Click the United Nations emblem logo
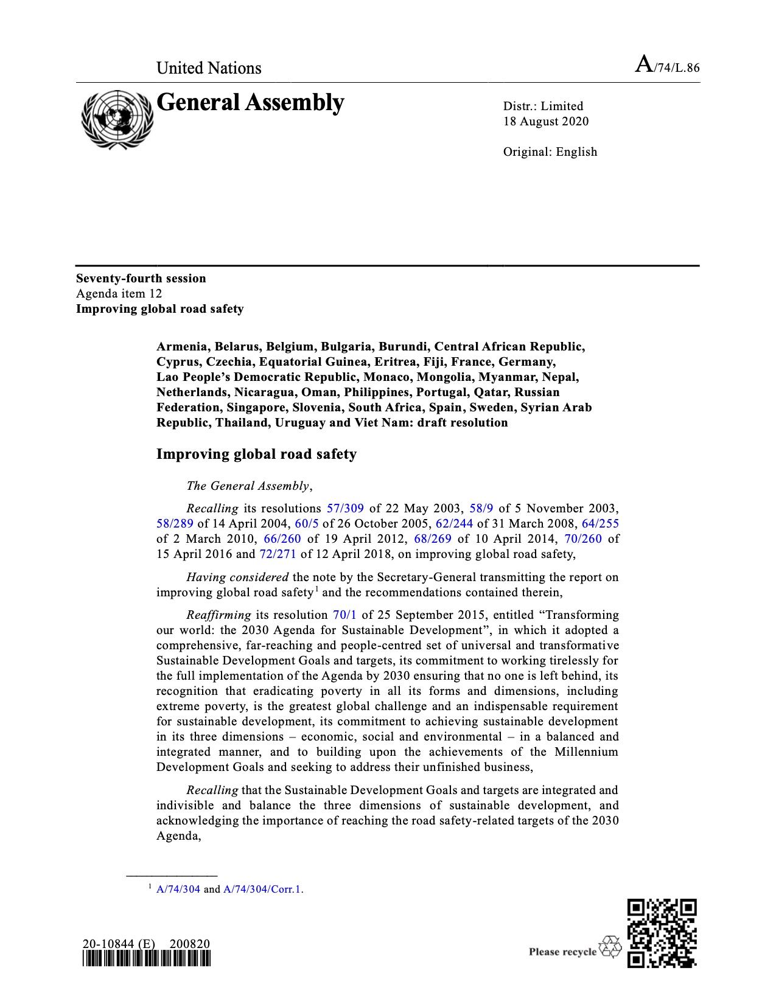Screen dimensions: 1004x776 pyautogui.click(x=117, y=119)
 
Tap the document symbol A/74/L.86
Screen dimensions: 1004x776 pyautogui.click(x=667, y=65)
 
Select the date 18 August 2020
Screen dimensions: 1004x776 pyautogui.click(x=545, y=121)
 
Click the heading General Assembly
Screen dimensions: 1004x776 pyautogui.click(x=250, y=103)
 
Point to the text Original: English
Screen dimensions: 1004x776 pyautogui.click(x=550, y=152)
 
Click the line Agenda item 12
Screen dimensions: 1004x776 pyautogui.click(x=119, y=293)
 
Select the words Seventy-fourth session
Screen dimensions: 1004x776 pyautogui.click(x=141, y=278)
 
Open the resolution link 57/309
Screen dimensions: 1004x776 pyautogui.click(x=345, y=508)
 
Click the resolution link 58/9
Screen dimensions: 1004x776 pyautogui.click(x=481, y=508)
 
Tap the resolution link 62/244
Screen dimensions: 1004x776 pyautogui.click(x=454, y=523)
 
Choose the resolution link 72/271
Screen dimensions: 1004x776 pyautogui.click(x=278, y=554)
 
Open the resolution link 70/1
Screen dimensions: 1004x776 pyautogui.click(x=344, y=615)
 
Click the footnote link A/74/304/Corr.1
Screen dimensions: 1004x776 pyautogui.click(x=262, y=889)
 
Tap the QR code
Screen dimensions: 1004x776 pyautogui.click(x=662, y=933)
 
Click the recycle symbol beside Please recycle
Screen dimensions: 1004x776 pyautogui.click(x=610, y=947)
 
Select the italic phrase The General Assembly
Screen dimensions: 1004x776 pyautogui.click(x=248, y=486)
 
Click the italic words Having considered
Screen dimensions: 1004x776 pyautogui.click(x=237, y=577)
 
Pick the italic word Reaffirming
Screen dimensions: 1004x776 pyautogui.click(x=218, y=615)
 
